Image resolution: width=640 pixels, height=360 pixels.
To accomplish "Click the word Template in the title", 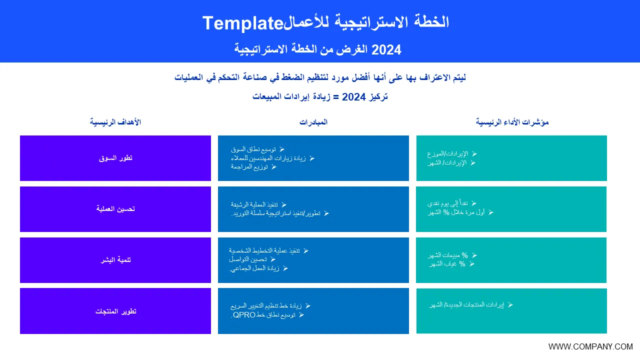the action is point(243,23).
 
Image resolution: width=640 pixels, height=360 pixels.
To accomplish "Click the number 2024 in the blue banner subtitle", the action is point(386,50).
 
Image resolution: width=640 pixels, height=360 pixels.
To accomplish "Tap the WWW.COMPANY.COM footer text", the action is point(590,346).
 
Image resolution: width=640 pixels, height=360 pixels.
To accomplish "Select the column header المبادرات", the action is point(313,122).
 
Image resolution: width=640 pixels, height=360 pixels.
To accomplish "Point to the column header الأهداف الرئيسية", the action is point(115,122).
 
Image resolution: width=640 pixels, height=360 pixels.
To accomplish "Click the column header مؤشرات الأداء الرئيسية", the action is point(512,122).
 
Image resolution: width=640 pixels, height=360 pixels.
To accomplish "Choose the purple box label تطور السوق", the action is point(115,158).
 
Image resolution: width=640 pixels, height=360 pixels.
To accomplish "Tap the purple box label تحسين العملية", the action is point(115,209).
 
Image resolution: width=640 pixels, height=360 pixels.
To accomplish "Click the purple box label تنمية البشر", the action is point(115,259).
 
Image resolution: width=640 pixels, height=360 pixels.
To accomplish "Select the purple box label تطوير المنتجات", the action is point(115,311).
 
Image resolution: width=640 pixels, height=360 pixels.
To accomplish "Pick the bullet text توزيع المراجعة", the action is point(249,167).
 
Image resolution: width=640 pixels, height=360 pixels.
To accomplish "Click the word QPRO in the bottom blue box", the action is point(244,315).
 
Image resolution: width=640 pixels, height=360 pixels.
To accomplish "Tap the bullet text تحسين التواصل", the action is point(247,259).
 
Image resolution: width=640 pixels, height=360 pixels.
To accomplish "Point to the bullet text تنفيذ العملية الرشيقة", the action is point(254,204).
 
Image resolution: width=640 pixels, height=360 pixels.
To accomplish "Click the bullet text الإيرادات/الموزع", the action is point(447,154).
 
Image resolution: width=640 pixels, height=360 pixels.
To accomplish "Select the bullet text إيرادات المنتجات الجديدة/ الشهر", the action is point(466,305).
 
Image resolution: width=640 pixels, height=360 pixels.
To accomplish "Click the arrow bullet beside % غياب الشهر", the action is point(472,264).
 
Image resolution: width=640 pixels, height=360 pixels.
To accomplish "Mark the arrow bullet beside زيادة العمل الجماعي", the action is point(285,268).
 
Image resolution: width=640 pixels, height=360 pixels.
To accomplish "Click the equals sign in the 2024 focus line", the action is point(336,97).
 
